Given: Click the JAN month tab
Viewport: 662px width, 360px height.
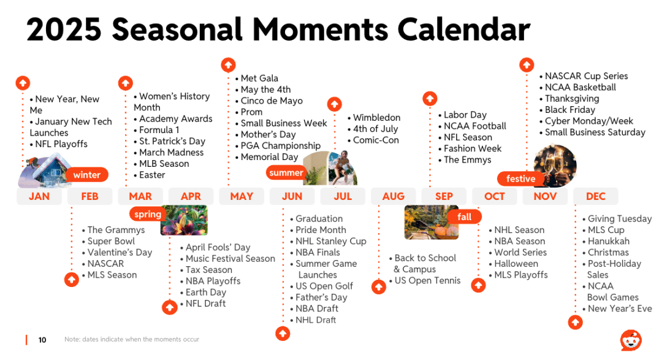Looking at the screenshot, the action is pyautogui.click(x=39, y=196).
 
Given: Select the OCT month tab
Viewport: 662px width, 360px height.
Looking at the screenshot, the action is pyautogui.click(x=495, y=196).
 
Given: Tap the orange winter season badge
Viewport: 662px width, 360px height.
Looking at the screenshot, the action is pyautogui.click(x=86, y=175).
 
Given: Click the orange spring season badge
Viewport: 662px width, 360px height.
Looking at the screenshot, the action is pyautogui.click(x=147, y=214).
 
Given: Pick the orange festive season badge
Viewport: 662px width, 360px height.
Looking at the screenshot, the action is pyautogui.click(x=520, y=178).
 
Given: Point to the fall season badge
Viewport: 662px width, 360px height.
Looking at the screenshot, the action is pyautogui.click(x=464, y=216).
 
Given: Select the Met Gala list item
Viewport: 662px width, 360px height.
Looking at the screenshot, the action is pyautogui.click(x=257, y=78).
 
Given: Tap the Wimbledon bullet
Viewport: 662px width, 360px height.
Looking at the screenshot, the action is pyautogui.click(x=374, y=118).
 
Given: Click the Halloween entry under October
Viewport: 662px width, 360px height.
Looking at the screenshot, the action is pyautogui.click(x=514, y=264).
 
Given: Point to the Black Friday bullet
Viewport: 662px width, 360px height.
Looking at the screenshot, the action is pyautogui.click(x=568, y=110).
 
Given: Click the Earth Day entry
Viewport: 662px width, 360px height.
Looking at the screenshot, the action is pyautogui.click(x=203, y=293).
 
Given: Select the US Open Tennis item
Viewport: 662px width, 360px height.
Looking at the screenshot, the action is pyautogui.click(x=425, y=280).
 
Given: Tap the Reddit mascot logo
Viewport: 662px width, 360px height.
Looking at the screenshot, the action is pyautogui.click(x=631, y=340).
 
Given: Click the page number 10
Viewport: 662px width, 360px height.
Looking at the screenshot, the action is pyautogui.click(x=42, y=340).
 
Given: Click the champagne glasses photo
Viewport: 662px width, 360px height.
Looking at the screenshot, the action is pyautogui.click(x=555, y=166).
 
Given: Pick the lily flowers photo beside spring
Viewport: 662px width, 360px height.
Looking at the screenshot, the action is pyautogui.click(x=184, y=220).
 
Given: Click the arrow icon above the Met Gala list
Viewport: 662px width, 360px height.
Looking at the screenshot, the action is pyautogui.click(x=229, y=65).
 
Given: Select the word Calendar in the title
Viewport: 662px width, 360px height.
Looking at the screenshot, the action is pyautogui.click(x=463, y=29).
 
